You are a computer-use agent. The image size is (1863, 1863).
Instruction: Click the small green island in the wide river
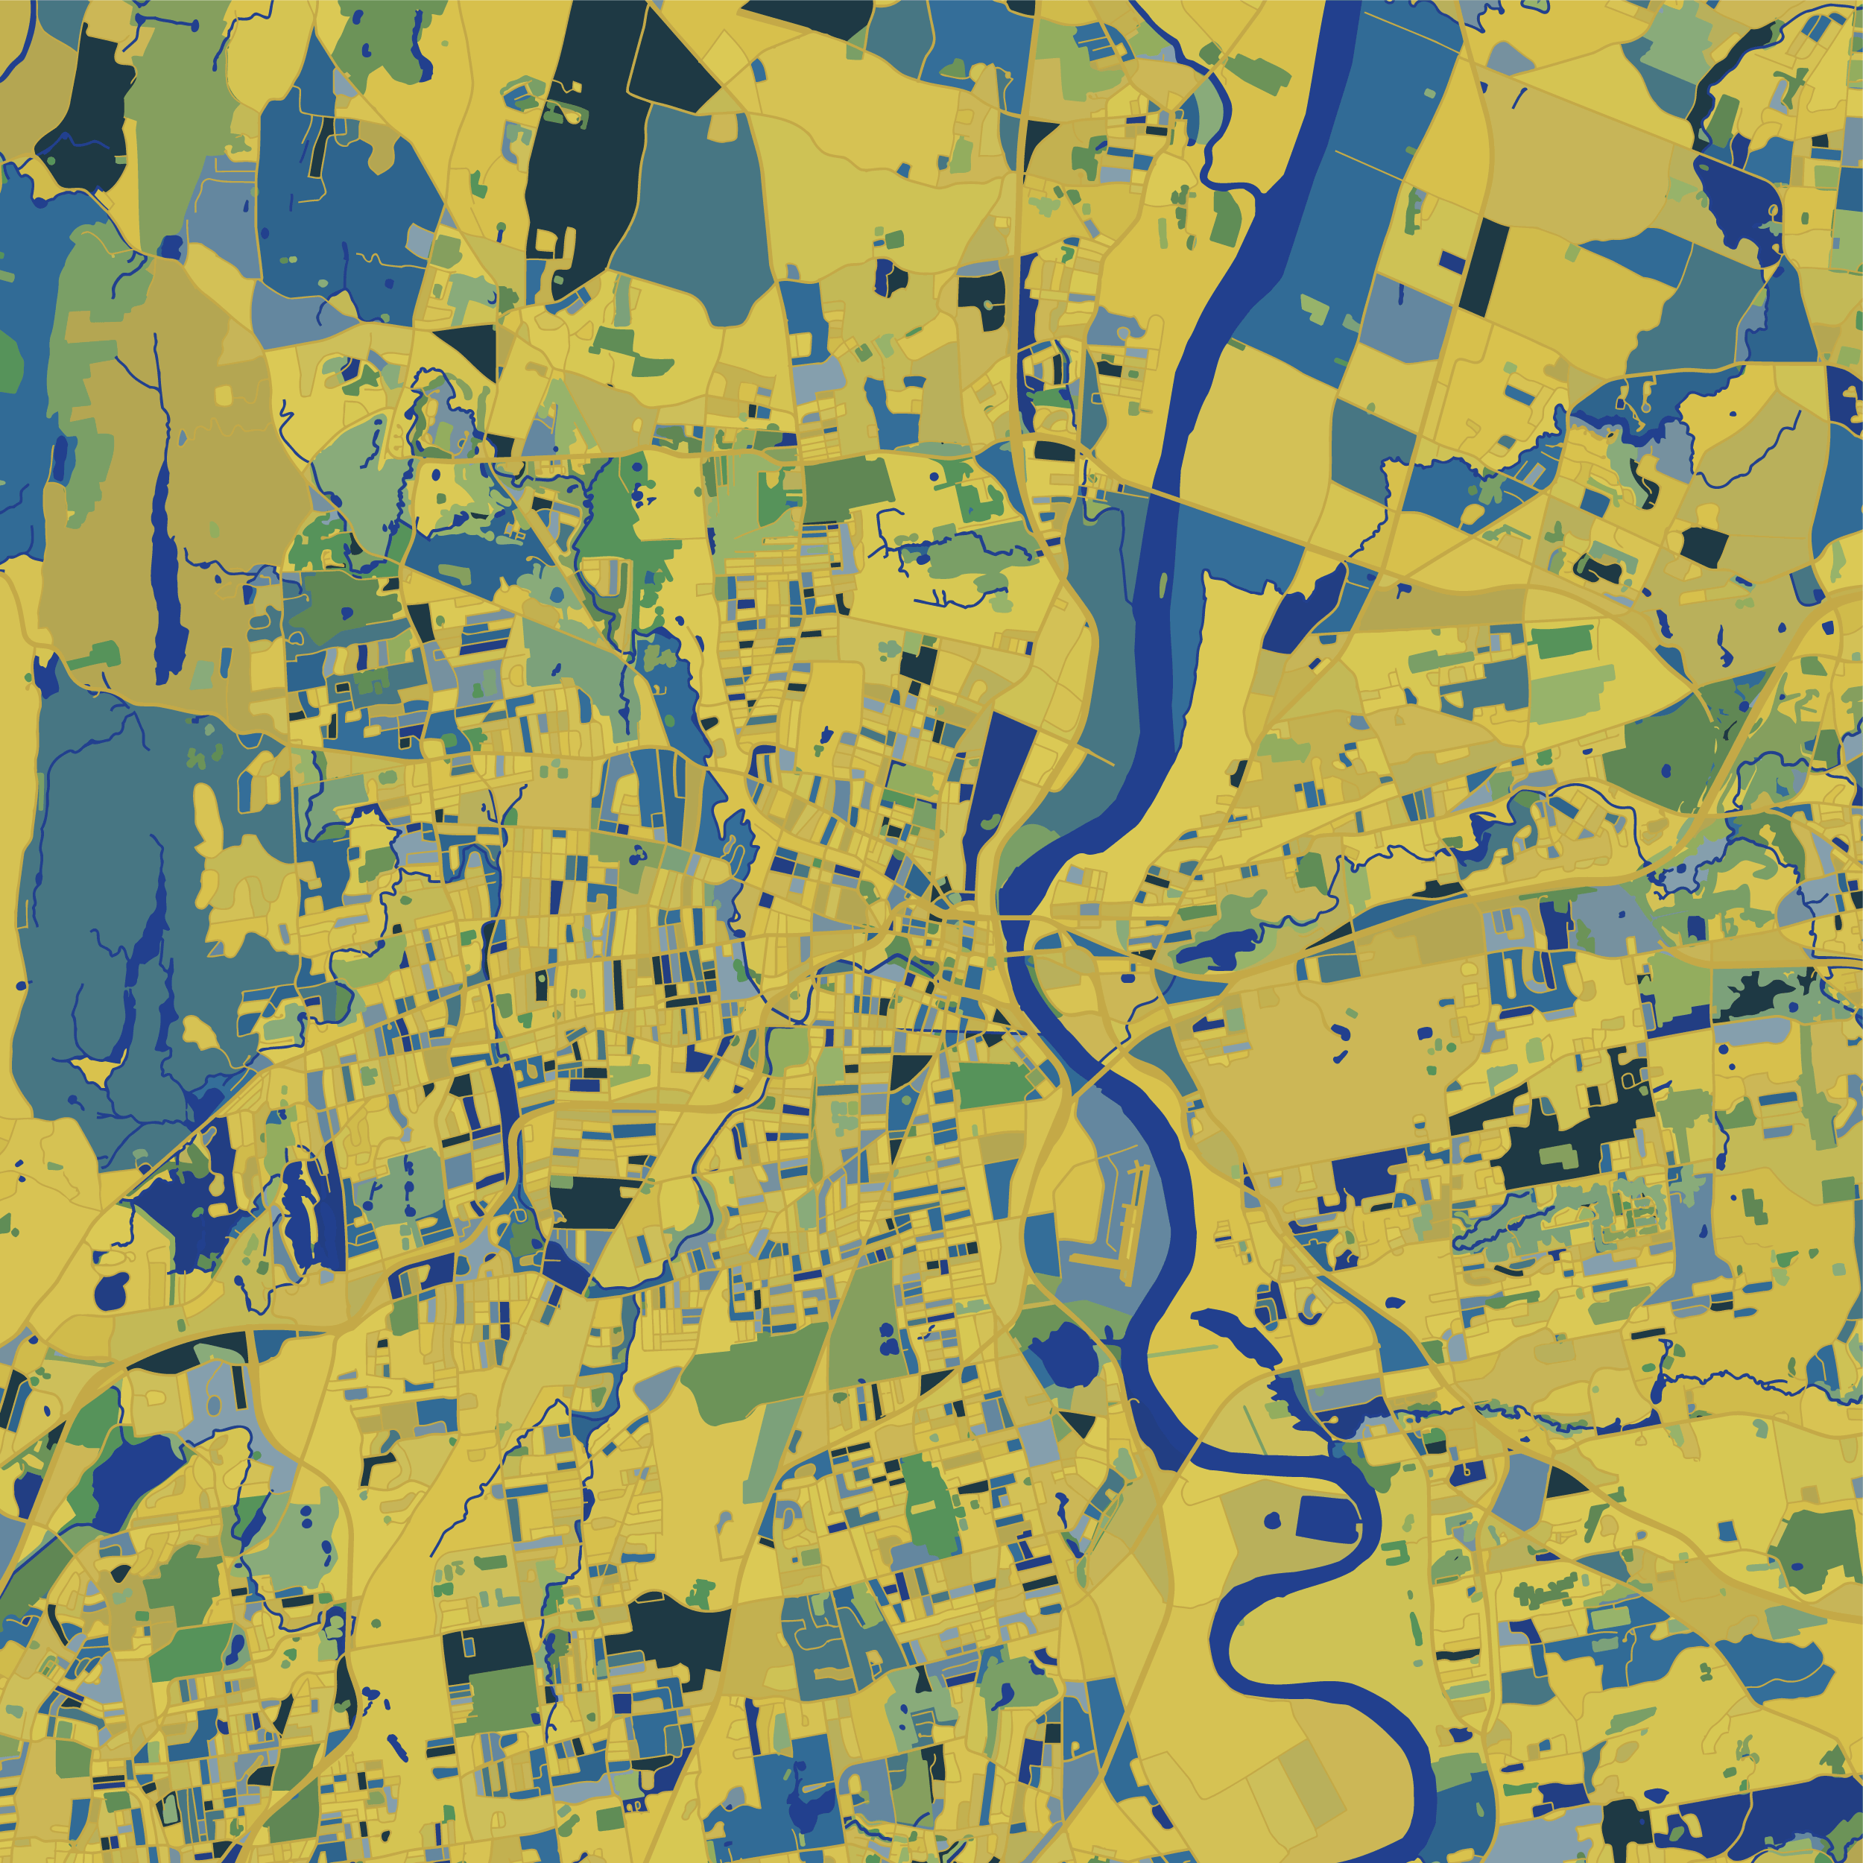pos(1162,584)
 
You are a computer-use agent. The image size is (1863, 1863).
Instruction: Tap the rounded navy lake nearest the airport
pos(1066,1355)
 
